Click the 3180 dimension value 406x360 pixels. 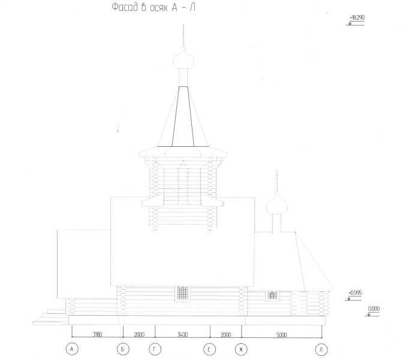(97, 334)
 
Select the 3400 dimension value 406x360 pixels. (182, 335)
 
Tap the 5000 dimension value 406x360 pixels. (281, 335)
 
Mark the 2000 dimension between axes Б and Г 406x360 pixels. (139, 335)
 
